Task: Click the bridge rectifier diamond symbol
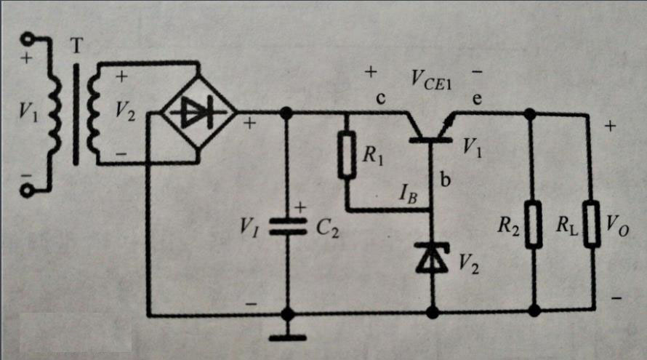pos(198,113)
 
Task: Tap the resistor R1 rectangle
pos(347,155)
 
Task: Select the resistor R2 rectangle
pos(534,226)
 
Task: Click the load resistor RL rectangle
pos(592,226)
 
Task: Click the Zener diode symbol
pos(432,258)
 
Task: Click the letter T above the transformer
pos(76,45)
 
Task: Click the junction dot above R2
pos(531,113)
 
